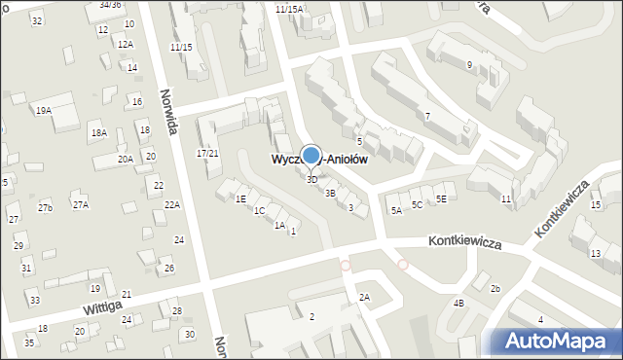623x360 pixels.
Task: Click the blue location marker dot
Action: (x=311, y=155)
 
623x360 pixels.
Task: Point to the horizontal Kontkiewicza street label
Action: (x=465, y=243)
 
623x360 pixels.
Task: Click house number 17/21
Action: (x=207, y=154)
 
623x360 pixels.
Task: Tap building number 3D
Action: (x=311, y=179)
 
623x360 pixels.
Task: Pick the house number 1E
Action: (x=240, y=198)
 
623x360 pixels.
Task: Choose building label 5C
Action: (x=417, y=204)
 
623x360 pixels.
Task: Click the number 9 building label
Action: (x=469, y=65)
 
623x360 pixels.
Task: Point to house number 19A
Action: (x=44, y=111)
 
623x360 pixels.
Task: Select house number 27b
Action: (x=46, y=208)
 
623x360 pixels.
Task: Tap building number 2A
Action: (x=364, y=297)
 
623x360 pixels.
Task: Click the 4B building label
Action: (x=459, y=303)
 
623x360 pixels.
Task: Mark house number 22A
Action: (x=172, y=204)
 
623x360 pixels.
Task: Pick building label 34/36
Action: (x=110, y=5)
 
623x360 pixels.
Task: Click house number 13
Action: (x=596, y=253)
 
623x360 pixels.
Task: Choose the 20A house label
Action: (x=126, y=159)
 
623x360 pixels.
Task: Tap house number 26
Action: (x=169, y=269)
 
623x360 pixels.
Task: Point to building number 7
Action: (x=427, y=117)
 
